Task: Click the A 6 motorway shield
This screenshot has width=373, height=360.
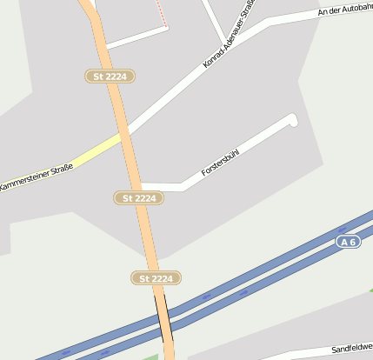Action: tap(348, 241)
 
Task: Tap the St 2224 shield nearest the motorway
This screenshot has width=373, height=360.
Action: tap(157, 278)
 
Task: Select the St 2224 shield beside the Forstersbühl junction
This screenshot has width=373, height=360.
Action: tap(139, 198)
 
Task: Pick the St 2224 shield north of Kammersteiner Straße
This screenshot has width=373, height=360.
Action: tap(110, 77)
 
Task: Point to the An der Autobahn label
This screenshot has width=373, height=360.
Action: tap(346, 10)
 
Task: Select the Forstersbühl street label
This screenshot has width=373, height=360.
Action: tap(220, 162)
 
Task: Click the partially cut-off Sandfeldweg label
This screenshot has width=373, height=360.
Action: tap(352, 345)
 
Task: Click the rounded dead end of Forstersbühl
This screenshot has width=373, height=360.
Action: tap(292, 120)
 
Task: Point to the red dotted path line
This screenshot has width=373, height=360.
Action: tap(162, 12)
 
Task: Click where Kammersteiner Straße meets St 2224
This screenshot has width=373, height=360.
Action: tap(124, 134)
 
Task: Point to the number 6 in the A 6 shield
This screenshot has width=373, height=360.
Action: tap(352, 241)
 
